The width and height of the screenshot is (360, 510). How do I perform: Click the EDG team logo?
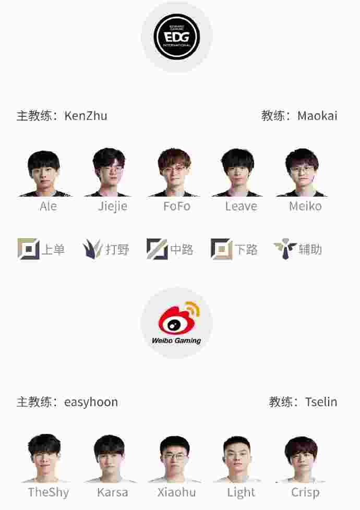tap(177, 36)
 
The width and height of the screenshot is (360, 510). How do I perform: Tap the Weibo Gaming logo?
tap(177, 323)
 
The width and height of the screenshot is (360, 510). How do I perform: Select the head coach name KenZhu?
tap(86, 116)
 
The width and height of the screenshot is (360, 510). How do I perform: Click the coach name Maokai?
tap(317, 116)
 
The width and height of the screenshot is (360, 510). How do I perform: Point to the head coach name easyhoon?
tap(91, 403)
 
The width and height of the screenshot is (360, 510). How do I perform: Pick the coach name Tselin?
tap(321, 402)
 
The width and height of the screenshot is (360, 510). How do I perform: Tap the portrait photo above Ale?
tap(44, 173)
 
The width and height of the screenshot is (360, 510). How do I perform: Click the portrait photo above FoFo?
tap(174, 173)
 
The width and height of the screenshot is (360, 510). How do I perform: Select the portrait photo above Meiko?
tap(302, 173)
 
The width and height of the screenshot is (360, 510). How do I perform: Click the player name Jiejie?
tap(113, 206)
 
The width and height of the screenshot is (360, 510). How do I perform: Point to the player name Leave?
tap(241, 206)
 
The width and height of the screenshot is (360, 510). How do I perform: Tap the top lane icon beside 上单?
tap(29, 249)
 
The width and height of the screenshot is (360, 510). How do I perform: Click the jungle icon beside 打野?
tap(92, 249)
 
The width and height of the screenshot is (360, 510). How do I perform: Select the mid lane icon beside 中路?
tap(157, 249)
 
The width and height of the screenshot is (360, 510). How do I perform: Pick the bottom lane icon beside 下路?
tap(222, 249)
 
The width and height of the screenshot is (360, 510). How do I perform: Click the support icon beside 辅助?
tap(285, 249)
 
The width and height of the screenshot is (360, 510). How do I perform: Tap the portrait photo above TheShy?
tap(44, 458)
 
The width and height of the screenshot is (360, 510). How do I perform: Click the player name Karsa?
tap(112, 492)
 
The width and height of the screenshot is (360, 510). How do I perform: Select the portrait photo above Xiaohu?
tap(174, 458)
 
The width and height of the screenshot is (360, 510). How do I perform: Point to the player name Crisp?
tap(305, 493)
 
